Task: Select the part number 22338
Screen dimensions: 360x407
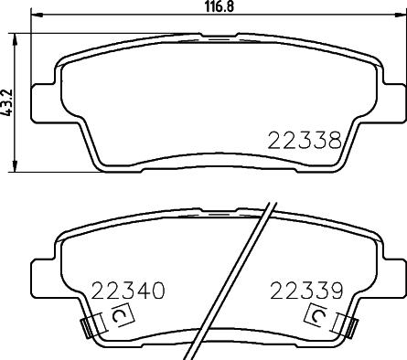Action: (x=305, y=141)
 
